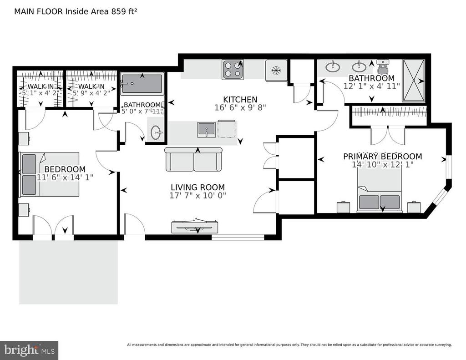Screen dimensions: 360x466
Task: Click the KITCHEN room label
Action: [240, 99]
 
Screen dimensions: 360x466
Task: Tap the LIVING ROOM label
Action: [198, 187]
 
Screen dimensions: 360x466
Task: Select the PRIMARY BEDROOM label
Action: [382, 157]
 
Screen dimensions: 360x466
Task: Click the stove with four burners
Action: [233, 70]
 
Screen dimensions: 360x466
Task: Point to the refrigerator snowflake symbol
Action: [275, 70]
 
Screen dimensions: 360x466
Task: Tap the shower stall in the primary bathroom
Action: [413, 81]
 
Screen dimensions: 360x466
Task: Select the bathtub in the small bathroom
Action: [142, 84]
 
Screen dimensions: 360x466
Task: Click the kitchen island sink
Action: [207, 129]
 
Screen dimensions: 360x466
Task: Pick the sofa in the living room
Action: [194, 160]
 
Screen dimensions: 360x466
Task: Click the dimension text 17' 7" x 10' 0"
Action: [198, 196]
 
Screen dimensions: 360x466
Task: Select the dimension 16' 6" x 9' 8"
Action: [240, 108]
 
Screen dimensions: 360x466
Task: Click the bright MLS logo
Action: [29, 350]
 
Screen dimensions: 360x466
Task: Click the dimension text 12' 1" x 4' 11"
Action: [371, 86]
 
